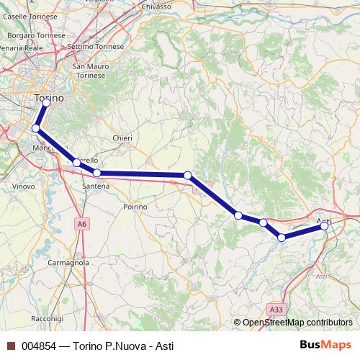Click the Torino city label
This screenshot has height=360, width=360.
[49, 97]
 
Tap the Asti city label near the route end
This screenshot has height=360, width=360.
[324, 220]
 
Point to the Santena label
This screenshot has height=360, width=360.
[96, 186]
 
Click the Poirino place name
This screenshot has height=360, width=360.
[135, 207]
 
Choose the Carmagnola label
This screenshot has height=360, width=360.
[68, 264]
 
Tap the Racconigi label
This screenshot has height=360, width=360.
[48, 318]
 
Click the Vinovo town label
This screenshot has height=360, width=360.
[24, 186]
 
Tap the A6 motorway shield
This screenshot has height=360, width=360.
[83, 225]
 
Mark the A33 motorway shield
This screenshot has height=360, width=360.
[276, 310]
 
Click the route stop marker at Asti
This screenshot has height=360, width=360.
[325, 226]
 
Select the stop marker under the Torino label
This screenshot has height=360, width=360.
[46, 103]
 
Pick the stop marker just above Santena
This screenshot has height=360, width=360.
[97, 173]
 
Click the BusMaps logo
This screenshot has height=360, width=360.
[328, 345]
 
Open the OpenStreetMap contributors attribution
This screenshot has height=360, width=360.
[297, 323]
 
